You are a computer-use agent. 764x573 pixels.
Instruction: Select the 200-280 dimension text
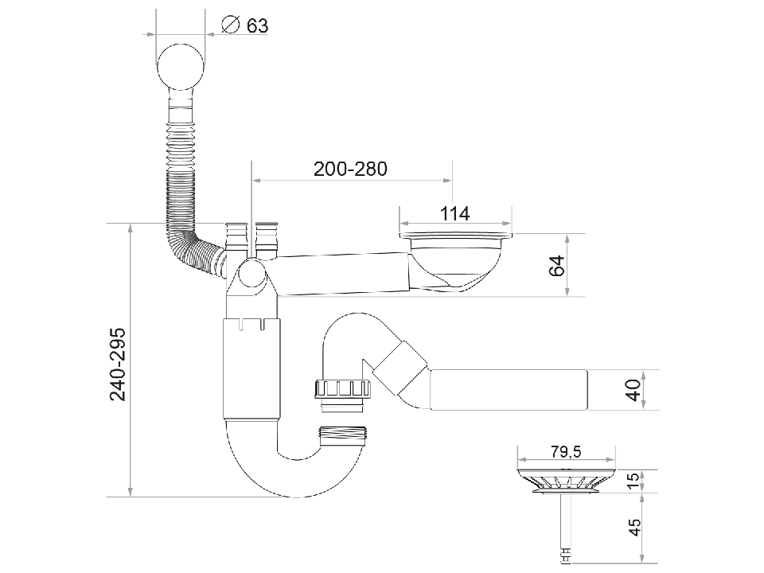[x=349, y=169]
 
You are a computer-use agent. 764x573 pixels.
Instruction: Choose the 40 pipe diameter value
[x=633, y=390]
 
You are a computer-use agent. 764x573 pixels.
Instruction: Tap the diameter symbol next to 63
[x=228, y=25]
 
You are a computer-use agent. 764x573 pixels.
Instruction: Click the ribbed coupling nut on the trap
[x=344, y=390]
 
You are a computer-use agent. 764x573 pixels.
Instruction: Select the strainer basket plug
[x=566, y=481]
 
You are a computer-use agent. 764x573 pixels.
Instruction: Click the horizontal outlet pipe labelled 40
[x=509, y=389]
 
